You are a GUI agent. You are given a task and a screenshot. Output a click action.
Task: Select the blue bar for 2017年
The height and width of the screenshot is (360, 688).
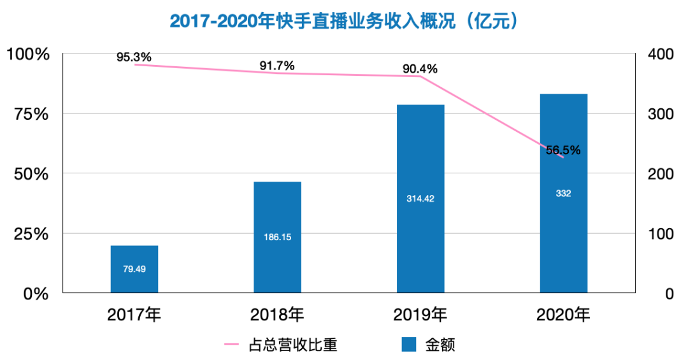point(134,280)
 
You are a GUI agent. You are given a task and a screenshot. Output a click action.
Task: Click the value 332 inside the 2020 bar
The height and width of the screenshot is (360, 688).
point(563,194)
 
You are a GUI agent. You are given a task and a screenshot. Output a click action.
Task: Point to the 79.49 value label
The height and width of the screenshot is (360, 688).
point(134,269)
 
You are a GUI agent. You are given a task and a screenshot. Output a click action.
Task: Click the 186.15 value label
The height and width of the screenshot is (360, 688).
point(277,237)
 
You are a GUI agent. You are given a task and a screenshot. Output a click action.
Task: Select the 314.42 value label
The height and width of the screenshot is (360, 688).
point(420,199)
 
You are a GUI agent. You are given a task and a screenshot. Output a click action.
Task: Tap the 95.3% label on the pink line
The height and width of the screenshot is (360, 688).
point(134,57)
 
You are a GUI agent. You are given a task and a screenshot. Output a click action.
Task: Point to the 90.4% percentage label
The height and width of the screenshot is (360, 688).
point(420,69)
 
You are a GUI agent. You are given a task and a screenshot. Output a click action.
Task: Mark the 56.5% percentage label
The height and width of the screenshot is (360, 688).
point(563,150)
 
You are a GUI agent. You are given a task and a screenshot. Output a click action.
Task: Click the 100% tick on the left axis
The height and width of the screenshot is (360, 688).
point(29,54)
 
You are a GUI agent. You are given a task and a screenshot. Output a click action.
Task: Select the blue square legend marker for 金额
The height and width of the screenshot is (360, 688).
point(409,345)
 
